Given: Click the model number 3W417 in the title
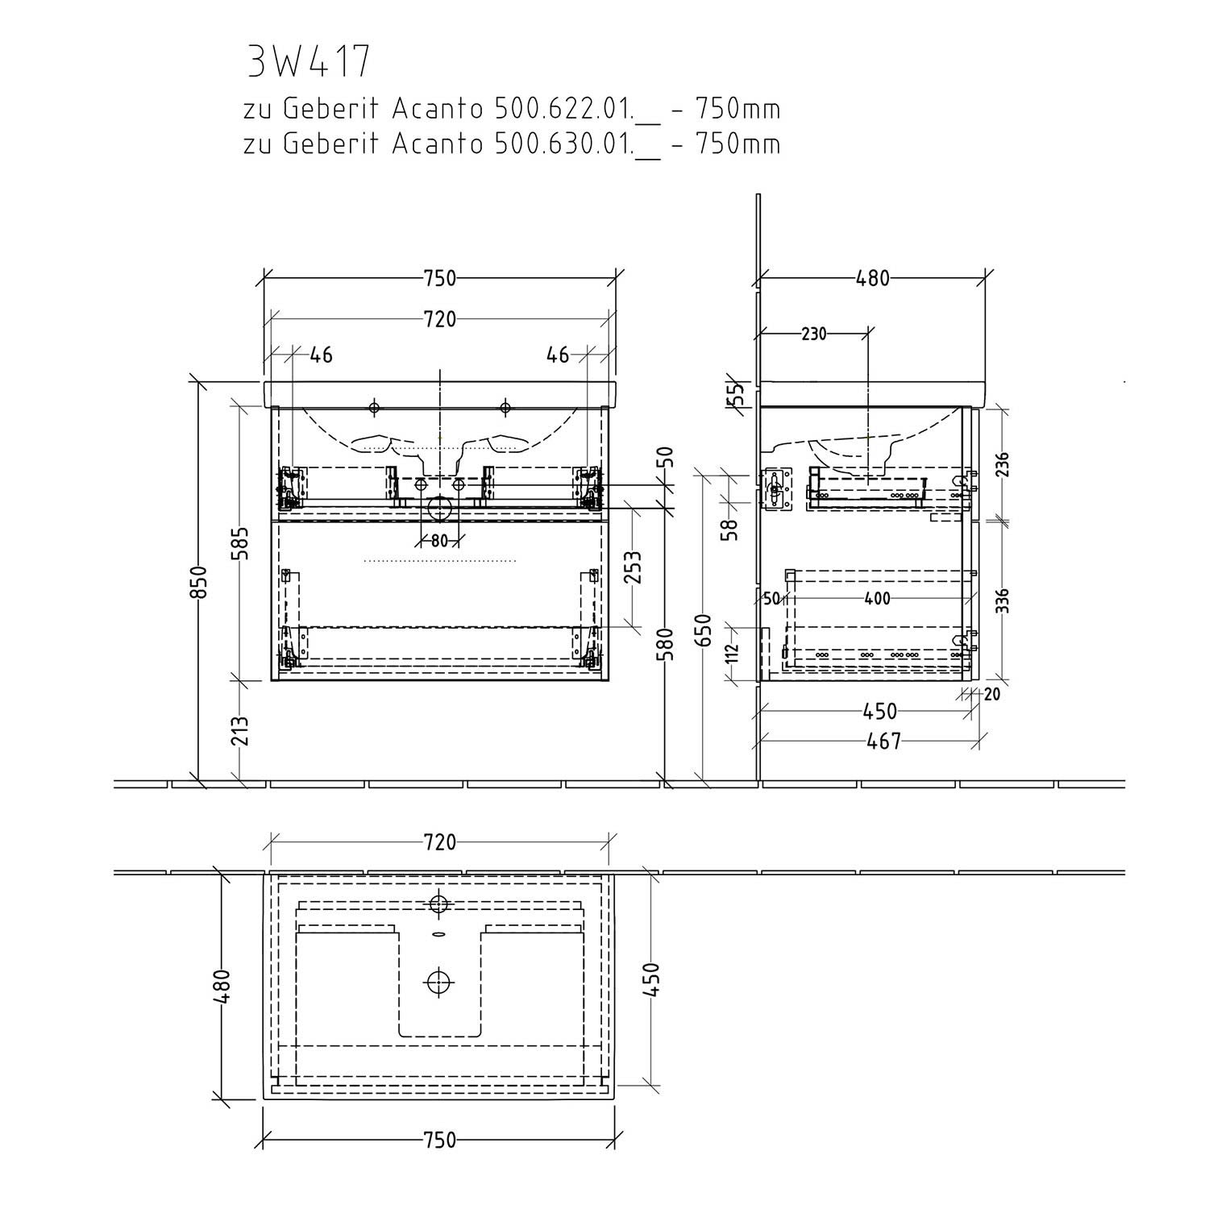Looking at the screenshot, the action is tap(309, 62).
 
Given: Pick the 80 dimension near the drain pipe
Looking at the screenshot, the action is tap(438, 541).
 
